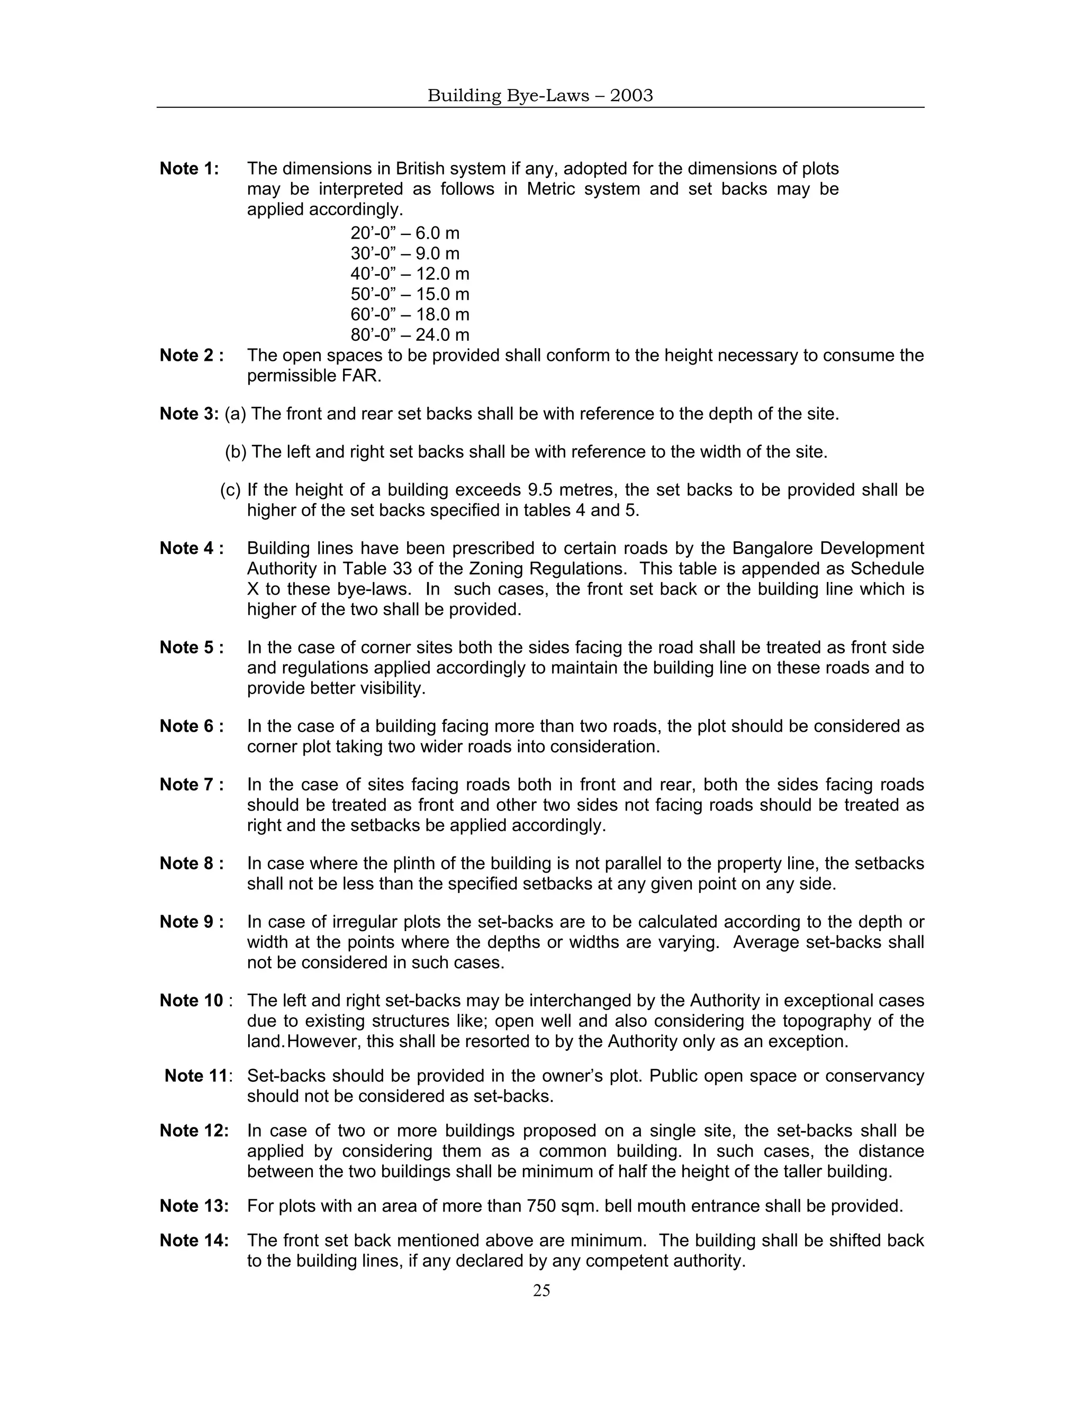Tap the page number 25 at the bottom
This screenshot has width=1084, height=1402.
pyautogui.click(x=541, y=1290)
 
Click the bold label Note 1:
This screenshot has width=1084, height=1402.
pyautogui.click(x=189, y=169)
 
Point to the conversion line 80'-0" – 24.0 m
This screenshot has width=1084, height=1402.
pyautogui.click(x=410, y=335)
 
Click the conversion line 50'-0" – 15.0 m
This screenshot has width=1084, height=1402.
pyautogui.click(x=410, y=294)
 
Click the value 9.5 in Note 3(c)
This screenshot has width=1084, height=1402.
pyautogui.click(x=541, y=490)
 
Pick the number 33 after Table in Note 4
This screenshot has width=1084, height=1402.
pyautogui.click(x=403, y=569)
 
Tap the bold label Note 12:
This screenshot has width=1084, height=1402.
pyautogui.click(x=194, y=1131)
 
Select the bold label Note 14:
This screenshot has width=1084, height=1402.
pyautogui.click(x=194, y=1241)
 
